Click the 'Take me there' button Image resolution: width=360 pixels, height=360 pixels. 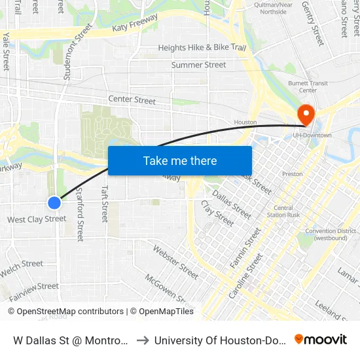pos(180,161)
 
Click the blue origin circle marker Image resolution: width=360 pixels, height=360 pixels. pos(54,203)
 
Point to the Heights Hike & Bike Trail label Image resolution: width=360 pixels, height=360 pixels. pos(202,48)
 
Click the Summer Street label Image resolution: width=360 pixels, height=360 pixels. pos(198,65)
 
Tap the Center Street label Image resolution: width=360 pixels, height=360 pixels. pos(132,100)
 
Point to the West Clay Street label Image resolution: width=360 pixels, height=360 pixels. pos(37,219)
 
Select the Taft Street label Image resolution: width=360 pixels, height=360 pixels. pos(104,203)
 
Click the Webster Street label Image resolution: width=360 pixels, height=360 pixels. pos(175,260)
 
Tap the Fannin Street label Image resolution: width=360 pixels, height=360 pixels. pos(245,247)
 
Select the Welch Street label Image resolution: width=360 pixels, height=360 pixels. pos(22,264)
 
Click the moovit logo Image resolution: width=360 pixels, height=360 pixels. pos(321,339)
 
